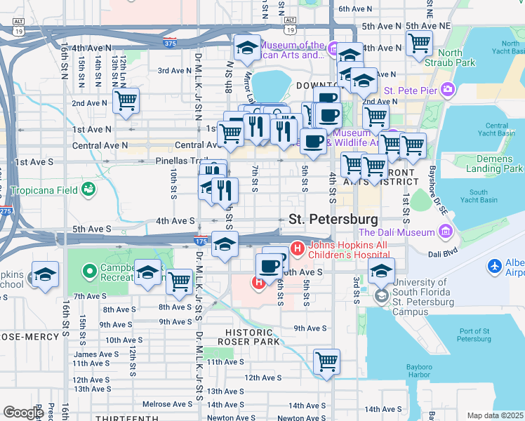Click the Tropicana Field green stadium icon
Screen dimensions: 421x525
click(88, 189)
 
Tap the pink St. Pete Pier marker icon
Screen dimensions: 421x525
click(447, 91)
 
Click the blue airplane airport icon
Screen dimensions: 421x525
click(495, 266)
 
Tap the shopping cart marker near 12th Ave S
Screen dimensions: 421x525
click(326, 363)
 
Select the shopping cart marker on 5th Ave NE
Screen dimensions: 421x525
click(419, 44)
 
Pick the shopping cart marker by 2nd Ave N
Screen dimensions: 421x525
click(126, 101)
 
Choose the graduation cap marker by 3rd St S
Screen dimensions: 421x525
click(381, 271)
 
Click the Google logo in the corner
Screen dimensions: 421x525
click(23, 413)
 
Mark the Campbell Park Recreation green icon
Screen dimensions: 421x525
click(89, 270)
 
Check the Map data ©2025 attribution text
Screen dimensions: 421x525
click(495, 415)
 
